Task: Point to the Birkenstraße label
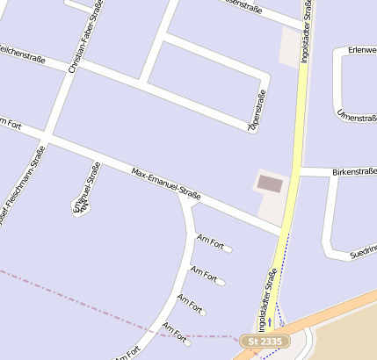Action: pos(354,172)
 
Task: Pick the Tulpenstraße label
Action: pos(257,112)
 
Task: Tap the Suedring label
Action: pos(363,252)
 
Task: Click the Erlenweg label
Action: pos(362,50)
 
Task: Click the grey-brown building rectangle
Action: pos(270,184)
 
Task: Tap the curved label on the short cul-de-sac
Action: pos(83,191)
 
